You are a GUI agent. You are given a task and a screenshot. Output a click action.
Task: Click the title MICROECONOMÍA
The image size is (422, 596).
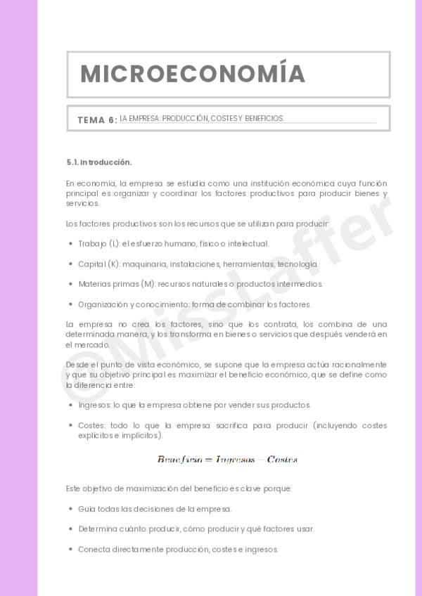(192, 74)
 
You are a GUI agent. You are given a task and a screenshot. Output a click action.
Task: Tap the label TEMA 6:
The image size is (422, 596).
(97, 120)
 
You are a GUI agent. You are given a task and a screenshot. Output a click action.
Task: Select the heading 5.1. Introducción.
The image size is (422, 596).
(99, 162)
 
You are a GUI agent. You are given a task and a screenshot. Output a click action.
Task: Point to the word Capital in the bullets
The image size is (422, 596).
(91, 264)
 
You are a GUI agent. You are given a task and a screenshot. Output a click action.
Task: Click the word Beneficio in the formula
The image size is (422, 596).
(179, 460)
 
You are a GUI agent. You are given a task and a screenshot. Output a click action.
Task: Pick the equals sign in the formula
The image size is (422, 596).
(208, 460)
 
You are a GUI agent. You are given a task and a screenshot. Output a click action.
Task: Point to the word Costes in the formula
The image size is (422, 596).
(282, 460)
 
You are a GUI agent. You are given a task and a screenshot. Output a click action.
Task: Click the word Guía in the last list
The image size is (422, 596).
(86, 509)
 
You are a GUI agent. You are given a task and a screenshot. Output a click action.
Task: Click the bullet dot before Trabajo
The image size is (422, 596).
(70, 244)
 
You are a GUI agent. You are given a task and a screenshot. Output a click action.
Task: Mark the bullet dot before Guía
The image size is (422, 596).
(70, 509)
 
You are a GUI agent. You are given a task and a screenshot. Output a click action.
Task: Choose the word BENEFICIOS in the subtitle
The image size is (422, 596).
(264, 119)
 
